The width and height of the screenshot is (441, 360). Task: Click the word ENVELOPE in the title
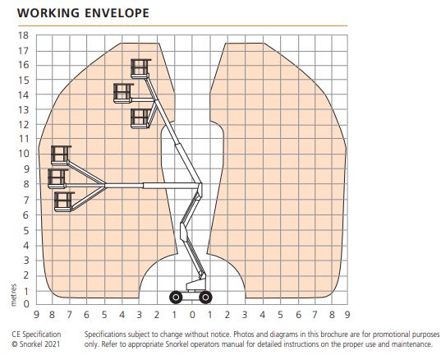pyautogui.click(x=117, y=13)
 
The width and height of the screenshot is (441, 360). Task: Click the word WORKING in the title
pyautogui.click(x=48, y=13)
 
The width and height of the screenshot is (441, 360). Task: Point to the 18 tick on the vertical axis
pyautogui.click(x=23, y=35)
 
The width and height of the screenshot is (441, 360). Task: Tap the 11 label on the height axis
pyautogui.click(x=24, y=139)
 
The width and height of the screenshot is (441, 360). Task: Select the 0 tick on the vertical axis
pyautogui.click(x=26, y=304)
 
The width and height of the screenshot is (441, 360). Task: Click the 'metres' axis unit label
pyautogui.click(x=13, y=295)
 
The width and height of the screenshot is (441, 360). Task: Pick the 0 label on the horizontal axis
pyautogui.click(x=192, y=315)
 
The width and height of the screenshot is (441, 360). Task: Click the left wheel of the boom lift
pyautogui.click(x=176, y=298)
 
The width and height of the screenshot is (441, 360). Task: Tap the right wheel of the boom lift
pyautogui.click(x=205, y=298)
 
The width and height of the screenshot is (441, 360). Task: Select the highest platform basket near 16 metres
pyautogui.click(x=140, y=69)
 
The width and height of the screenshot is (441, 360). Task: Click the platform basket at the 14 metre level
pyautogui.click(x=122, y=93)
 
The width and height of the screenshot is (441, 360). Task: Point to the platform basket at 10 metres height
pyautogui.click(x=61, y=155)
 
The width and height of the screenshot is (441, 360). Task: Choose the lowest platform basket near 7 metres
pyautogui.click(x=64, y=202)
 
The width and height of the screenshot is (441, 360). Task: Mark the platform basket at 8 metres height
pyautogui.click(x=57, y=178)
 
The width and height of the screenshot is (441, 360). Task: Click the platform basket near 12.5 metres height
pyautogui.click(x=140, y=118)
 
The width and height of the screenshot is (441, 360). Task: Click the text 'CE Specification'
pyautogui.click(x=36, y=335)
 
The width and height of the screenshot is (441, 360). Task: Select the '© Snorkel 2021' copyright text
pyautogui.click(x=36, y=344)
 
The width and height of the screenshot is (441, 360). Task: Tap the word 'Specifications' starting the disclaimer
pyautogui.click(x=105, y=335)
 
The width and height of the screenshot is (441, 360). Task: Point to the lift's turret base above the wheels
pyautogui.click(x=195, y=285)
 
